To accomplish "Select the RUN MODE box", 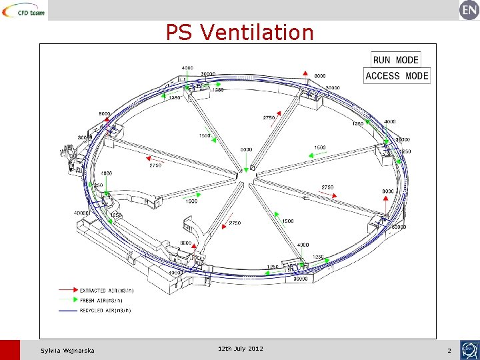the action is (x=396, y=60).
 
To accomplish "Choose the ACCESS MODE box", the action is (x=397, y=76).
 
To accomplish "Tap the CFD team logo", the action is (x=24, y=10).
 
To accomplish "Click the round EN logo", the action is (x=469, y=10).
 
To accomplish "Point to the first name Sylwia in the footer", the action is (x=51, y=351).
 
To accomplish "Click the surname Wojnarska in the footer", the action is (x=79, y=351).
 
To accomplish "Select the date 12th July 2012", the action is (x=240, y=349).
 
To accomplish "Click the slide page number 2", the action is (x=449, y=351).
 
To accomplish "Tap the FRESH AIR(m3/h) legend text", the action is (x=101, y=301).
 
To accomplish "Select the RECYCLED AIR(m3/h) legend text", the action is (x=105, y=310).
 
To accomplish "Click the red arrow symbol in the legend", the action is (x=67, y=291).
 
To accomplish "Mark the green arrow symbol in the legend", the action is (x=67, y=301).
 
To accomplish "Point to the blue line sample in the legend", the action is (x=67, y=310).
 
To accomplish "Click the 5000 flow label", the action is (x=247, y=150).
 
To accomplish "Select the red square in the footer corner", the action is (x=10, y=350).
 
